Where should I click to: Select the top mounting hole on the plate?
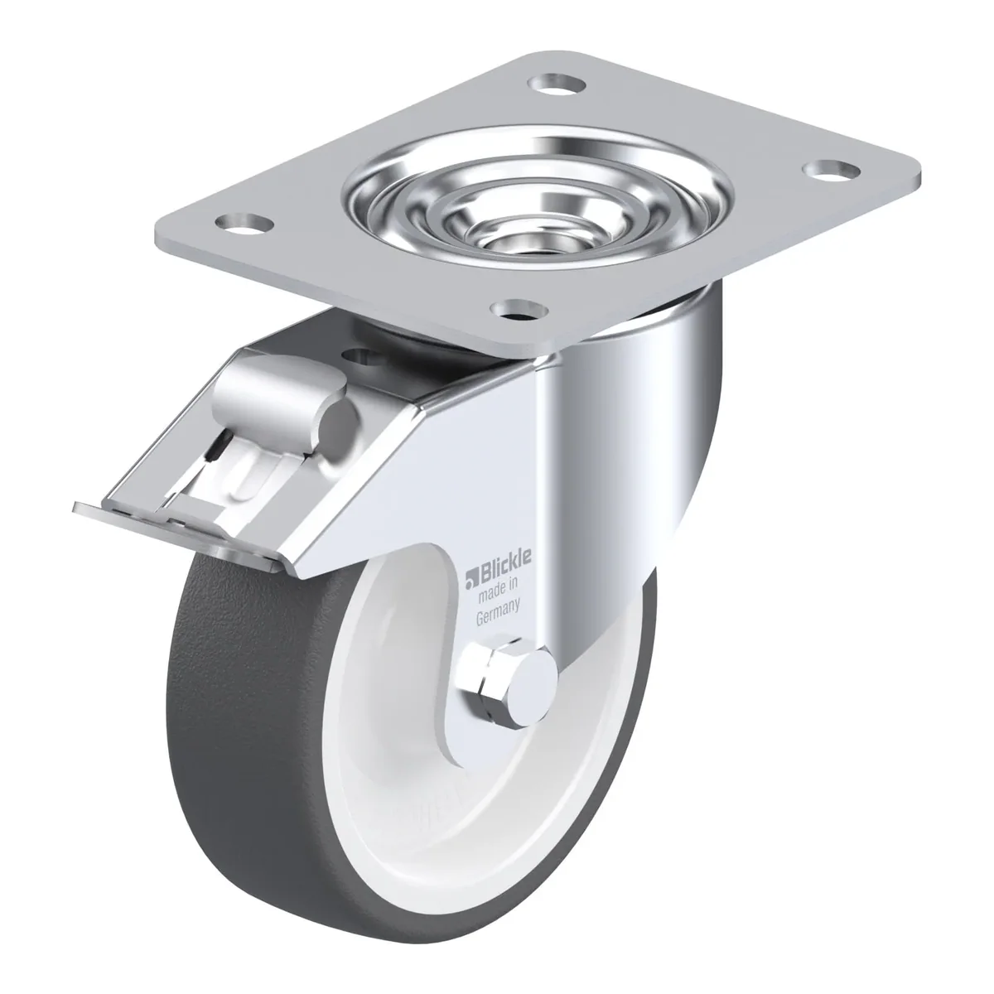[558, 83]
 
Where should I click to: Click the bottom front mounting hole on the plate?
[519, 311]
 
